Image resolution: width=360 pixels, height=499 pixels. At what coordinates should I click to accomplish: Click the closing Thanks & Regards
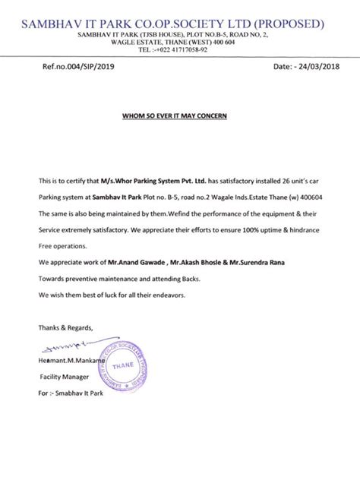tap(66, 327)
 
